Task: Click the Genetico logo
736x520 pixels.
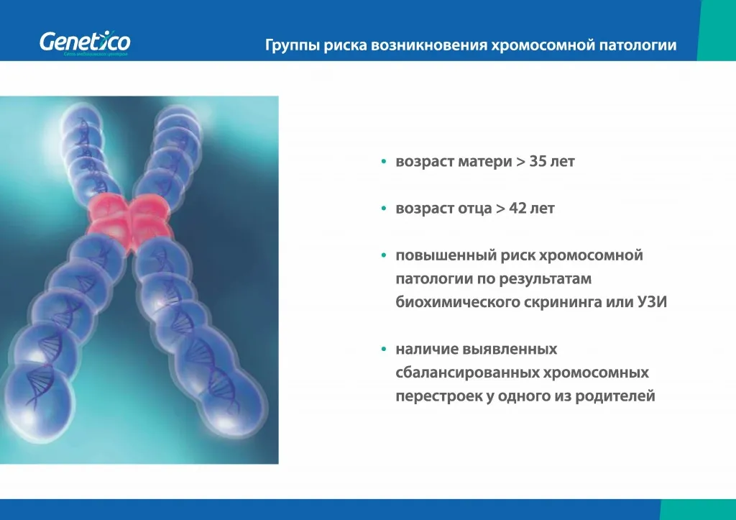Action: (84, 43)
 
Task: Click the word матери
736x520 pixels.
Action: (483, 162)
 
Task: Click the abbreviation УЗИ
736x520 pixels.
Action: (653, 302)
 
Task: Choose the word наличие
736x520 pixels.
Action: (423, 350)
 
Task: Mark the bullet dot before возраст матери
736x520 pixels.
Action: (385, 163)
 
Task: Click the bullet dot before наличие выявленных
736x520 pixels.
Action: (385, 350)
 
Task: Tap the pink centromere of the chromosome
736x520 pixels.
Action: (130, 219)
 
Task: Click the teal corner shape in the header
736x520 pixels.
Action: (717, 30)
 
